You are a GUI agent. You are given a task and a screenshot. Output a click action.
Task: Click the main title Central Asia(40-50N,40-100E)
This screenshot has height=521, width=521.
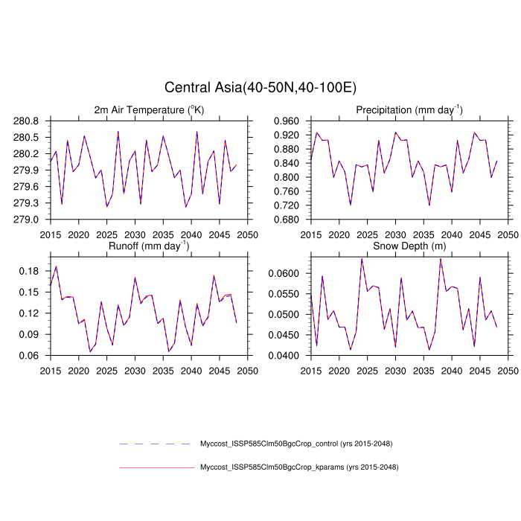click(260, 88)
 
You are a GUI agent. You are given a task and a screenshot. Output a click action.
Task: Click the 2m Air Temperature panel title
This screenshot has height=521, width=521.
click(149, 110)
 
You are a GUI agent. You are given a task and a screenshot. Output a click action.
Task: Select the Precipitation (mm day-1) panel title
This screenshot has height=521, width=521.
click(409, 110)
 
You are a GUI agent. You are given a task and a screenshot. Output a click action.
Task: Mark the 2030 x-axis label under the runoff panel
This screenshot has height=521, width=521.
click(135, 369)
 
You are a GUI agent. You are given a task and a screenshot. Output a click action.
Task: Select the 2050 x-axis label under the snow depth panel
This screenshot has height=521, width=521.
click(508, 369)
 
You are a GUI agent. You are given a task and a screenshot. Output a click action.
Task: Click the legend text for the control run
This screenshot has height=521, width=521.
click(295, 444)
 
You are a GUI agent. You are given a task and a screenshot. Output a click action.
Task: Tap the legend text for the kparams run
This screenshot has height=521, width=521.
click(299, 467)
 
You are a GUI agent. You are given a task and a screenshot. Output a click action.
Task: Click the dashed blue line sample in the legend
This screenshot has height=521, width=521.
click(156, 444)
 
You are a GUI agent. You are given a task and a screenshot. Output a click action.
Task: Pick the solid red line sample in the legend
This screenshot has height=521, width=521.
click(156, 467)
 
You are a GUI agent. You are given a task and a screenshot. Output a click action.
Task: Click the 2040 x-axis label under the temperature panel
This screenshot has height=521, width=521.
click(191, 234)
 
